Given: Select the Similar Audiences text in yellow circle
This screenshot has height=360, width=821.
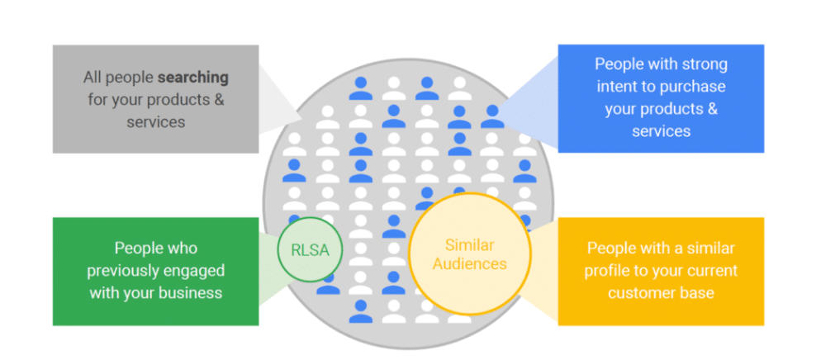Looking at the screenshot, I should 469,254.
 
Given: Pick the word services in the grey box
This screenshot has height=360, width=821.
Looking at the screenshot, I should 156,121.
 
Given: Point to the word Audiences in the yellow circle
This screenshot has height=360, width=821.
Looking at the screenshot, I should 469,264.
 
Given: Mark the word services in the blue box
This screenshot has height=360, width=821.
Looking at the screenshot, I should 661,130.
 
